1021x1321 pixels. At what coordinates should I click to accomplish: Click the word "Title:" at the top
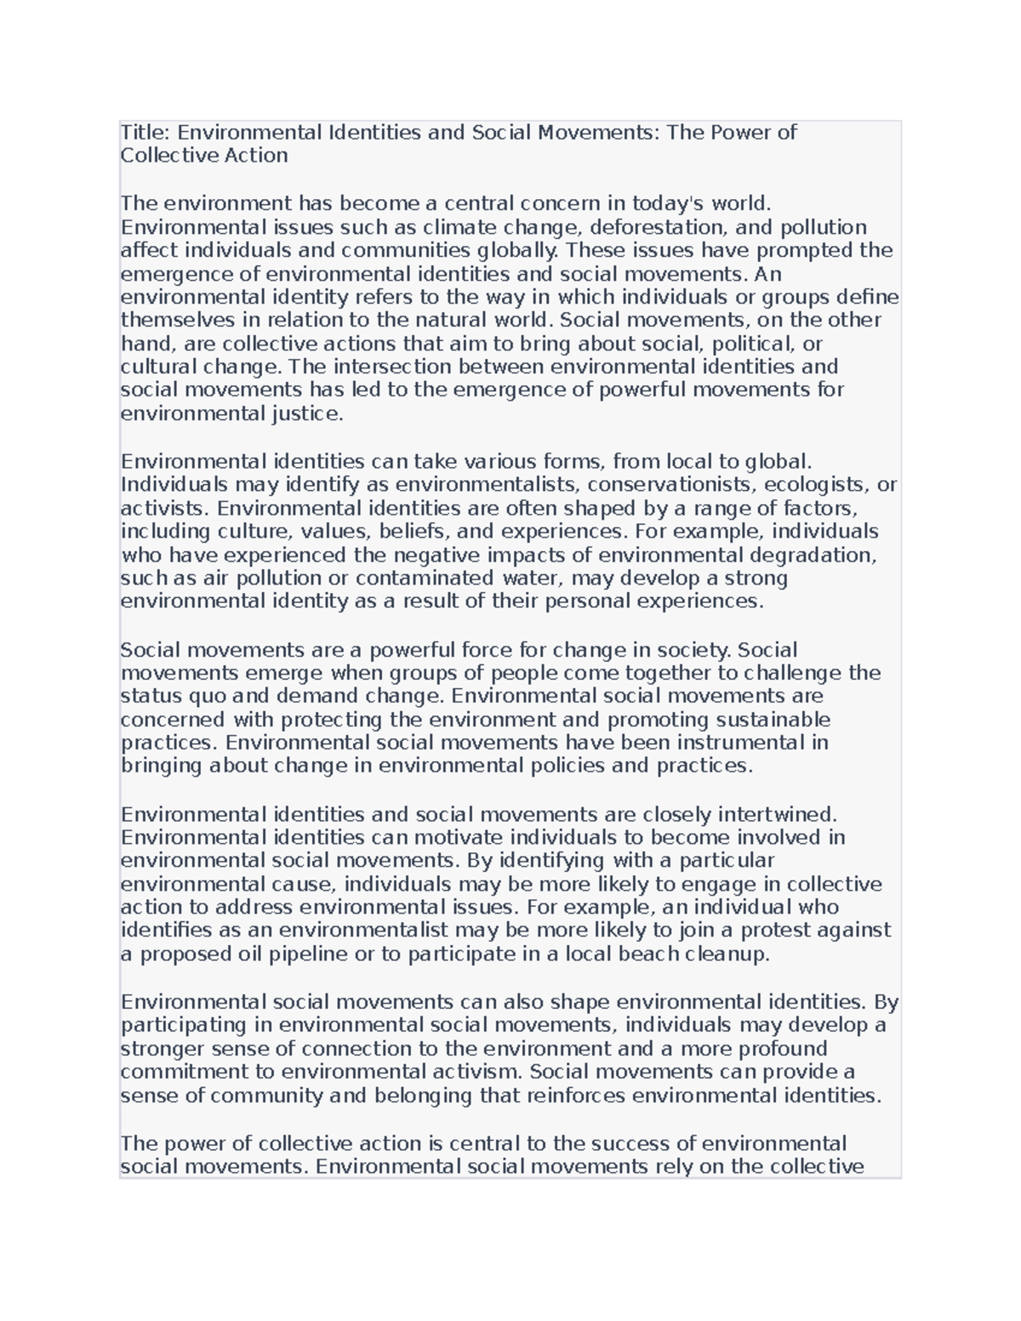(x=145, y=133)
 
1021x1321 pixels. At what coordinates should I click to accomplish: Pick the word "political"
(x=748, y=344)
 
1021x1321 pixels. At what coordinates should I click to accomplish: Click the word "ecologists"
(x=816, y=485)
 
